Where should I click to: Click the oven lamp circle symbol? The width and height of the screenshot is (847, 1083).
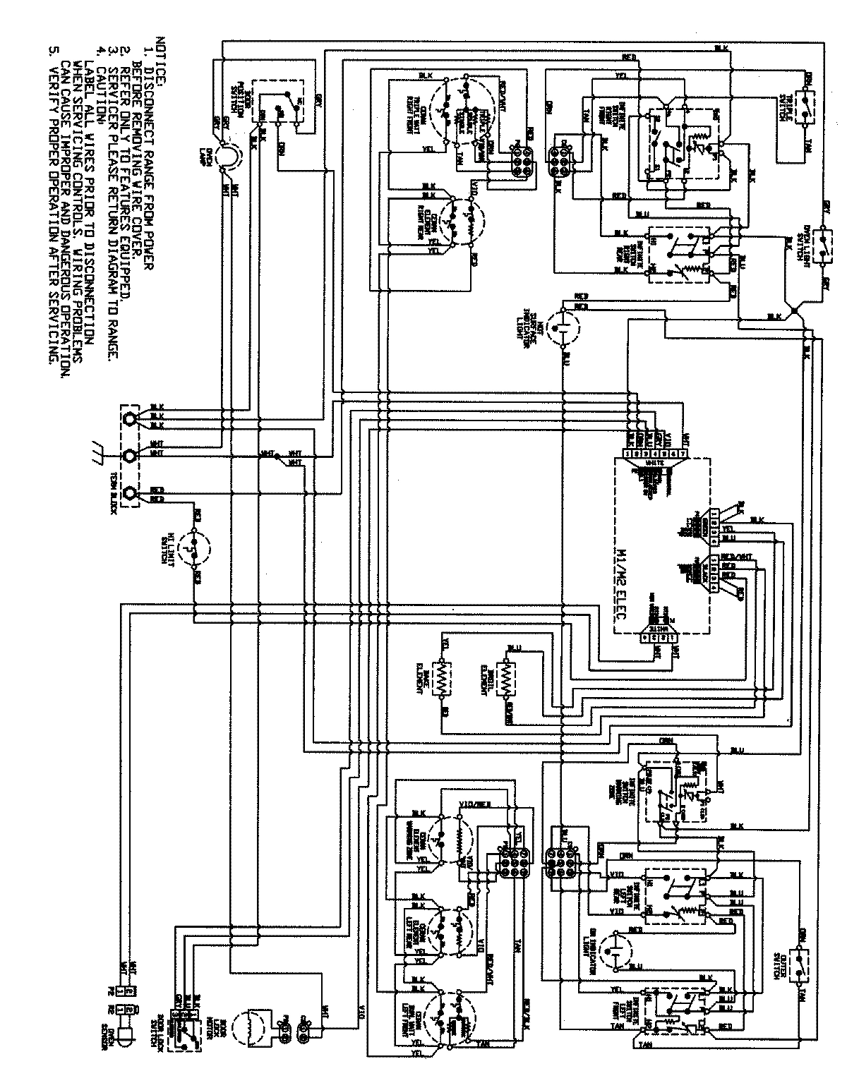click(x=225, y=156)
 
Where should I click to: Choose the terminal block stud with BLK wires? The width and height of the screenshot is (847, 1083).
click(x=130, y=419)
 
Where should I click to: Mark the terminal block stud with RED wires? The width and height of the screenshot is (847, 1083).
click(x=130, y=494)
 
